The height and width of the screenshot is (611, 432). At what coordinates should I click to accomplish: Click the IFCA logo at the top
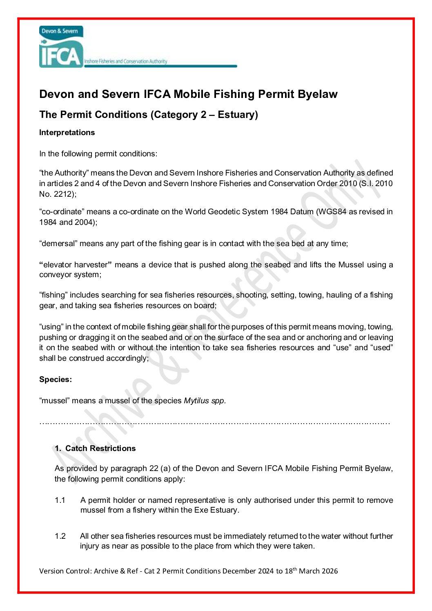click(x=61, y=47)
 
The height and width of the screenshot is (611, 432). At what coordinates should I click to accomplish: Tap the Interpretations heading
click(x=67, y=133)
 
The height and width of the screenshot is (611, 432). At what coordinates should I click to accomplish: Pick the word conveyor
click(x=53, y=275)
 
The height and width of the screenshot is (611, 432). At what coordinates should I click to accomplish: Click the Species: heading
click(x=56, y=380)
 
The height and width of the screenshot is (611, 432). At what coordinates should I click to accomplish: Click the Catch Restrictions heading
click(x=100, y=449)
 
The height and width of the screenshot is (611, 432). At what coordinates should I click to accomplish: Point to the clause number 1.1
click(x=60, y=500)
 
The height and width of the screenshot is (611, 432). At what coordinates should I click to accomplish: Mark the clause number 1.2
click(x=60, y=536)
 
